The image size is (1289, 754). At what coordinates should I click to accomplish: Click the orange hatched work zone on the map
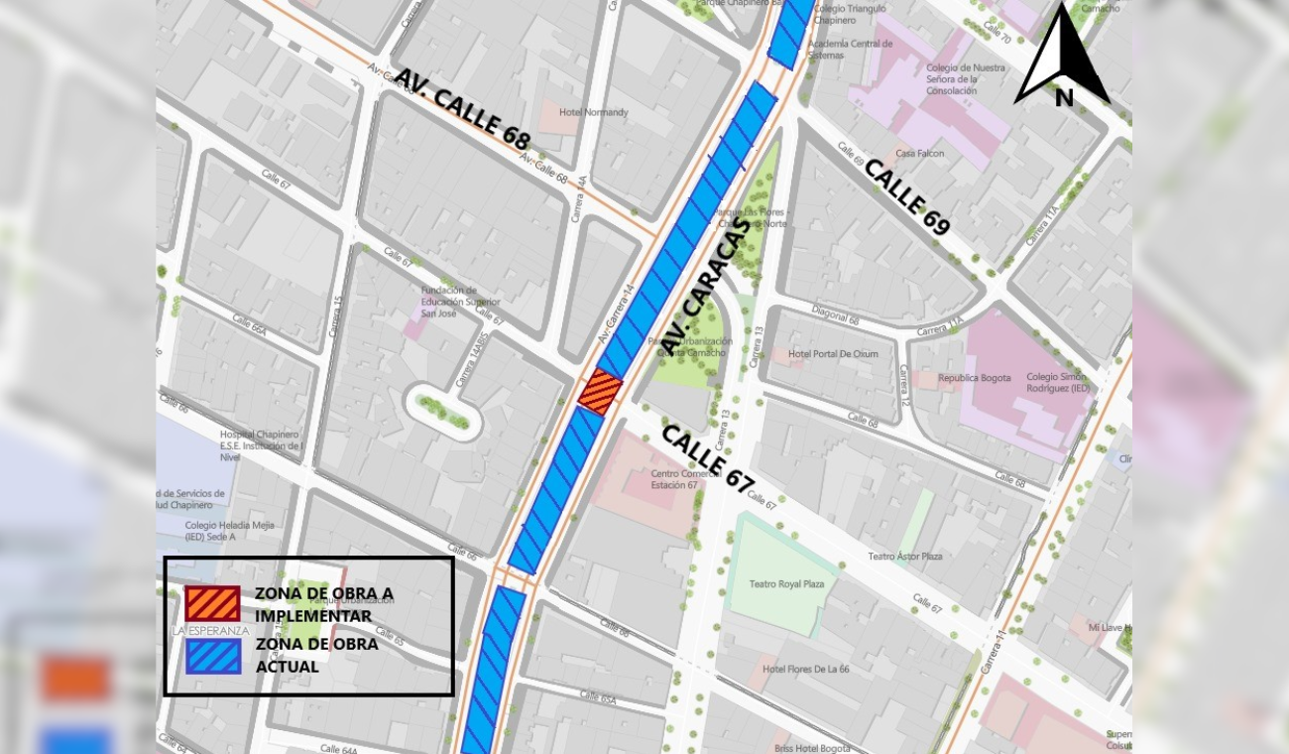600,392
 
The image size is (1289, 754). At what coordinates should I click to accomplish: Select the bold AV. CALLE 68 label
462,109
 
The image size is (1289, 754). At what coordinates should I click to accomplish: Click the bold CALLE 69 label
906,196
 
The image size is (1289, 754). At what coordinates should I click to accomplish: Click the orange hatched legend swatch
212,604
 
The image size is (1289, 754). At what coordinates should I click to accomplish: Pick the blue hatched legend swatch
212,656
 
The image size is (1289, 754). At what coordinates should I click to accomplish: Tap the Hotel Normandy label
593,112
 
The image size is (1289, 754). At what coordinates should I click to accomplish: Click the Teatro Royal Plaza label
786,584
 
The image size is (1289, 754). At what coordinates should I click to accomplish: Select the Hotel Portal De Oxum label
833,354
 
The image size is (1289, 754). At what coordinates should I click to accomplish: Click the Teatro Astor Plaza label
904,557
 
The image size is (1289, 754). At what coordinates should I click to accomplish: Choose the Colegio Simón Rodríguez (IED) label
1057,383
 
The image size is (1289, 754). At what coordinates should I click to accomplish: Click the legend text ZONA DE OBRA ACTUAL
316,655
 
